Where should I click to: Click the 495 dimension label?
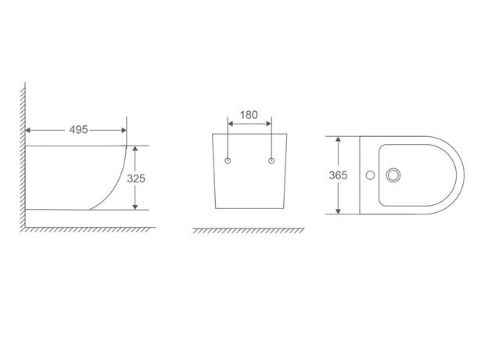coord(78,130)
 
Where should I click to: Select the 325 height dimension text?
coord(136,178)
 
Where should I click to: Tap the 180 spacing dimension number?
coord(249,115)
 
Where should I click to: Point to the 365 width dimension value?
coord(338,175)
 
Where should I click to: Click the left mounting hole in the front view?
coord(228,160)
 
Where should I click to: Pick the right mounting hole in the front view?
coord(271,160)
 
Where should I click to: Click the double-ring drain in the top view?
coord(393,175)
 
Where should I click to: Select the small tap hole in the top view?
coord(370,175)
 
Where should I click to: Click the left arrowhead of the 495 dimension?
coord(28,130)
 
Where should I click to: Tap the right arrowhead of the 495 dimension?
coord(124,130)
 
